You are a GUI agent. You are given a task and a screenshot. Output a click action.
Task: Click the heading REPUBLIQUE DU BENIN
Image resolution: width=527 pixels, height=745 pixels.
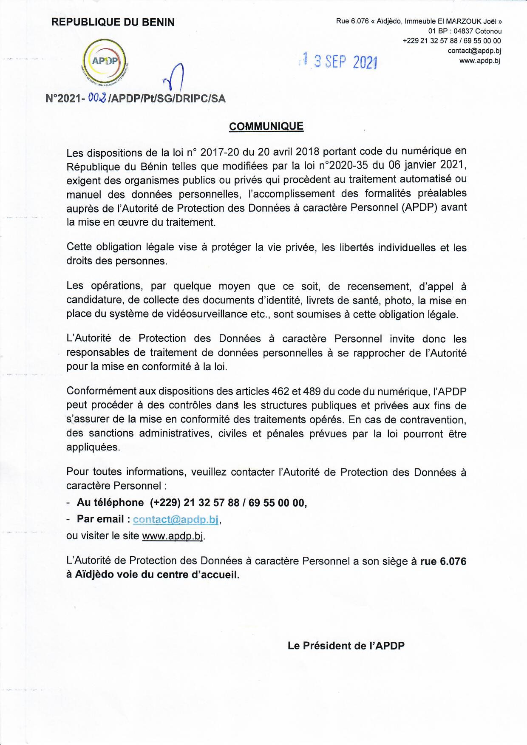coord(113,22)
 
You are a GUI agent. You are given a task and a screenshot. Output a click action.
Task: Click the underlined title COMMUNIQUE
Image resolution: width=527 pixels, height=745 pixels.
coord(266,126)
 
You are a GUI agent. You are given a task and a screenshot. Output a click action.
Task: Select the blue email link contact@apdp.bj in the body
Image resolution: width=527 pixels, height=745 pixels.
coord(176,519)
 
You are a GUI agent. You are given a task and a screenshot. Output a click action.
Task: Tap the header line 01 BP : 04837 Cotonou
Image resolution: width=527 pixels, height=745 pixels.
coord(465,31)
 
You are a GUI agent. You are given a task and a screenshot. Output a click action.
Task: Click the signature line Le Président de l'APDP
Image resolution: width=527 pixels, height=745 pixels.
coord(346,646)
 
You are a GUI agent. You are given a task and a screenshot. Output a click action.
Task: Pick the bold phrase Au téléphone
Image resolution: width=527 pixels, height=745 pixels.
coord(110,502)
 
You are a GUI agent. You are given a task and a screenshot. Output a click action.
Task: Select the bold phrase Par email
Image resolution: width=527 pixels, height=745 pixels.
coord(101,519)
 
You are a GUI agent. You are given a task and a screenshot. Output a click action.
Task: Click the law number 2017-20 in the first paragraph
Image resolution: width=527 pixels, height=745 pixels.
coord(216,152)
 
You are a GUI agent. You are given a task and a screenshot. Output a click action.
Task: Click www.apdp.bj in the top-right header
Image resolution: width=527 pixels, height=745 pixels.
coord(479,60)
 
